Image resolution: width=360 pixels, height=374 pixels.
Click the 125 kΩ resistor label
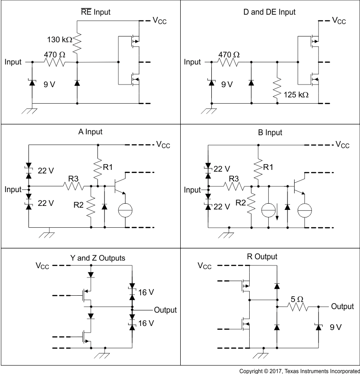tap(296, 95)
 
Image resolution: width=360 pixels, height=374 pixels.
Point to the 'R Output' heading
tap(262, 257)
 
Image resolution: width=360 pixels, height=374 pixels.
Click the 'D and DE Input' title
tap(269, 12)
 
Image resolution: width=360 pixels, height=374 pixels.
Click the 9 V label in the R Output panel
tap(335, 327)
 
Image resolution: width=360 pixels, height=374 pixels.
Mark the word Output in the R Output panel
tap(343, 306)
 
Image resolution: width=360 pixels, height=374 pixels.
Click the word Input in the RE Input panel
tap(13, 62)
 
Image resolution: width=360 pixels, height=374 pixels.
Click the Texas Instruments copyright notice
tap(299, 370)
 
